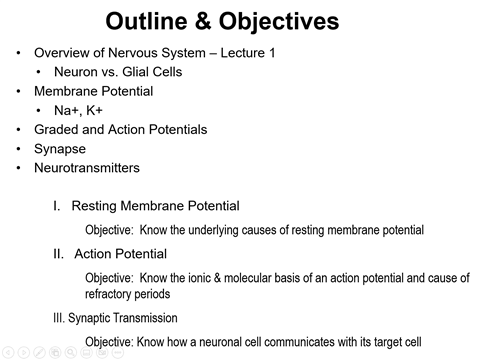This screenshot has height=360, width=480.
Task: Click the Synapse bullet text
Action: (61, 148)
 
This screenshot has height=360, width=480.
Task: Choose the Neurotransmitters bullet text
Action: (87, 167)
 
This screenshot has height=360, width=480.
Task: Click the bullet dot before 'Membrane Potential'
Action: (17, 91)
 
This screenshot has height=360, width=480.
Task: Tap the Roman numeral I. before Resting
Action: (57, 206)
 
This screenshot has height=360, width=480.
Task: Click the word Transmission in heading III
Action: (147, 318)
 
